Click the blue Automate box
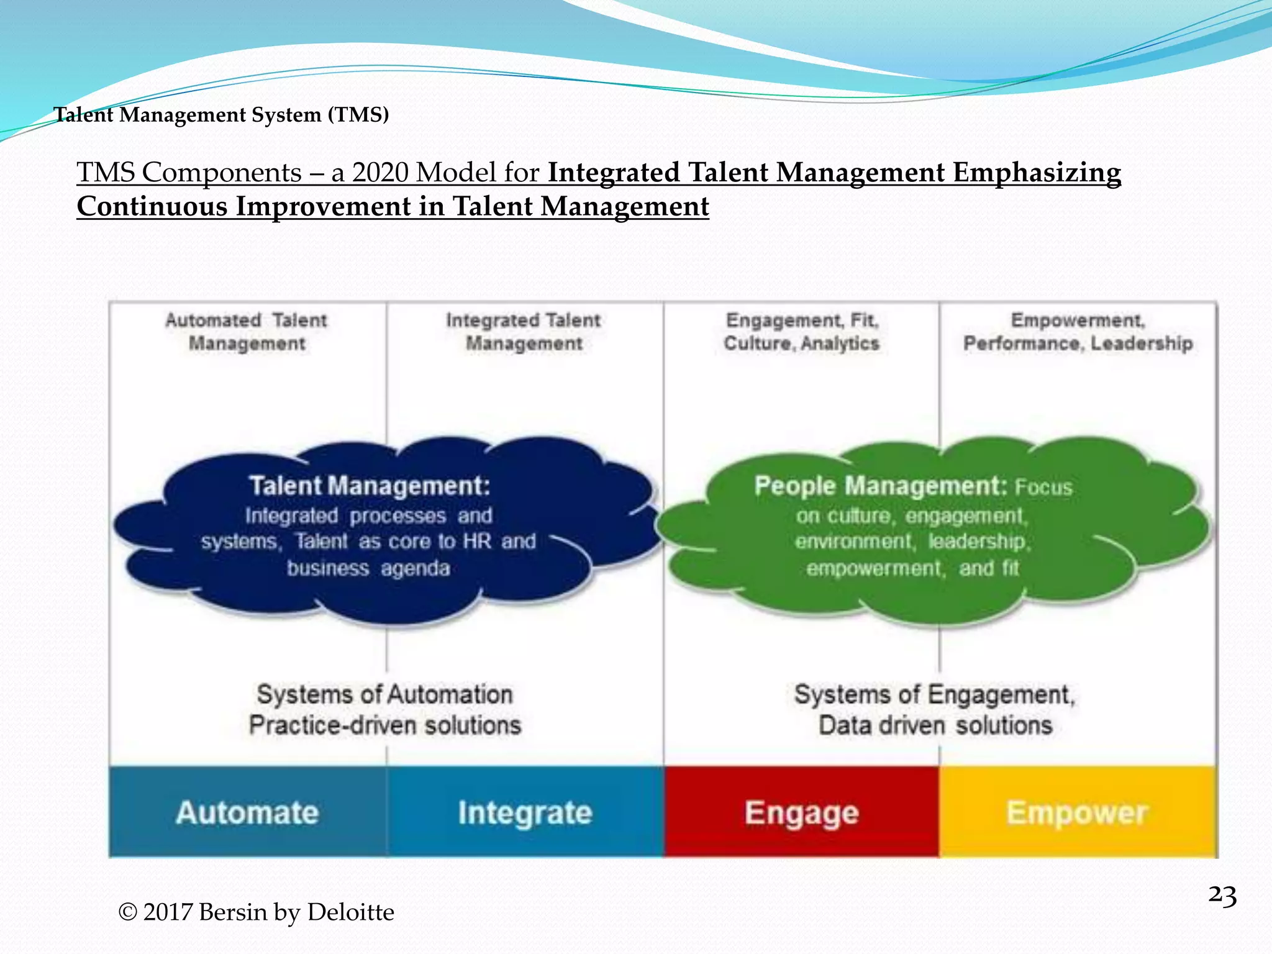247,812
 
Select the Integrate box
525,812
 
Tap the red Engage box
801,812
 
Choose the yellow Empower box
1077,812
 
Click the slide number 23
1222,896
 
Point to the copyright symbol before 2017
128,912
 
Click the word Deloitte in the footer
350,912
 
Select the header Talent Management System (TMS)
221,114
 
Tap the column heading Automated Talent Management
246,331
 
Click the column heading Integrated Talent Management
524,331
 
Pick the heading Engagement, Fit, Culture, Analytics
801,331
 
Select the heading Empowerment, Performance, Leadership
1078,331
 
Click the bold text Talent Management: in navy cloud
370,486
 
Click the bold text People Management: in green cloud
880,486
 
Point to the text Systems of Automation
384,694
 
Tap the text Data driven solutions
935,725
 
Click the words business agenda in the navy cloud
368,568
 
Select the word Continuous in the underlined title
152,206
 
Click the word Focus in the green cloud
1043,488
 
